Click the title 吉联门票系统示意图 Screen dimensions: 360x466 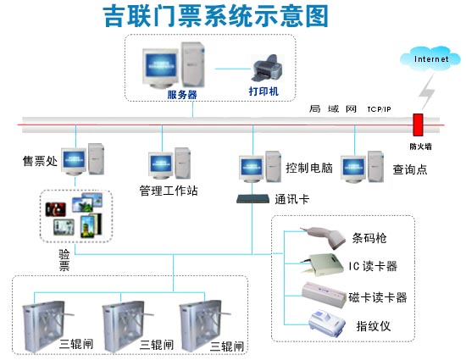215,15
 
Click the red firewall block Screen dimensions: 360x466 417,125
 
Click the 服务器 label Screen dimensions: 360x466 181,95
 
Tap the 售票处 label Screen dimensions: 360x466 40,161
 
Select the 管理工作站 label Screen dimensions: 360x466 169,191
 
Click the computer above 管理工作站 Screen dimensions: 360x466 168,163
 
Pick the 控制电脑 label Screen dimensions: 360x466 309,167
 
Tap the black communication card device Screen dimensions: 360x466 252,198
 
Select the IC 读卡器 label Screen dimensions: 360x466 373,266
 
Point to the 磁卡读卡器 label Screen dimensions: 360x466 378,297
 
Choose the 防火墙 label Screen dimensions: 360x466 420,145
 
